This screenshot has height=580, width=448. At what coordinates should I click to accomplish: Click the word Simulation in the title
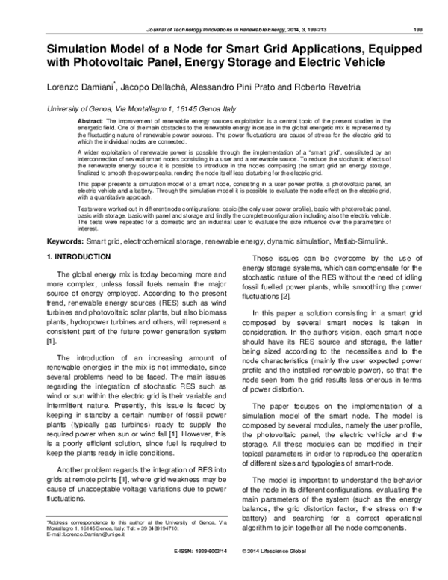(x=76, y=47)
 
